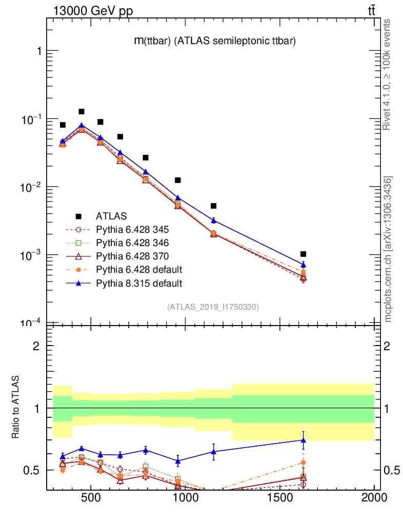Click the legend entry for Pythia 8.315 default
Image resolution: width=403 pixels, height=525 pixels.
tap(138, 282)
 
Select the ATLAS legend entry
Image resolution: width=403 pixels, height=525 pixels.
tap(111, 216)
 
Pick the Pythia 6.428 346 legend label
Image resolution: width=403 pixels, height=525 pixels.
tap(132, 243)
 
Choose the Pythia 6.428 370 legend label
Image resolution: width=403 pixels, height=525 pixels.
tap(132, 256)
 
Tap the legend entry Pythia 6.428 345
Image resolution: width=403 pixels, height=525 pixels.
tap(132, 229)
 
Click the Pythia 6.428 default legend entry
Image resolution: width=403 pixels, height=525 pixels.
tap(138, 269)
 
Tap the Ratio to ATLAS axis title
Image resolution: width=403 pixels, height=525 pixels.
tap(17, 408)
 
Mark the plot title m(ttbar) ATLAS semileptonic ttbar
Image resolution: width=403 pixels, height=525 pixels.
tap(214, 42)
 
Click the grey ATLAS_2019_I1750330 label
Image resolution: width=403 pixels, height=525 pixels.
tap(213, 307)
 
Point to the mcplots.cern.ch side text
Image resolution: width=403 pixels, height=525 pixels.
tap(388, 249)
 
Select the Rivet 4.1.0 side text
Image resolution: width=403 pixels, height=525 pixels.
tap(388, 74)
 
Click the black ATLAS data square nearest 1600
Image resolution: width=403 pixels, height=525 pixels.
tap(304, 254)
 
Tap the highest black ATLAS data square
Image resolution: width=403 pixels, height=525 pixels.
tap(82, 111)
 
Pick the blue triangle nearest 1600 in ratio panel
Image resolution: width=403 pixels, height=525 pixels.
tap(304, 440)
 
